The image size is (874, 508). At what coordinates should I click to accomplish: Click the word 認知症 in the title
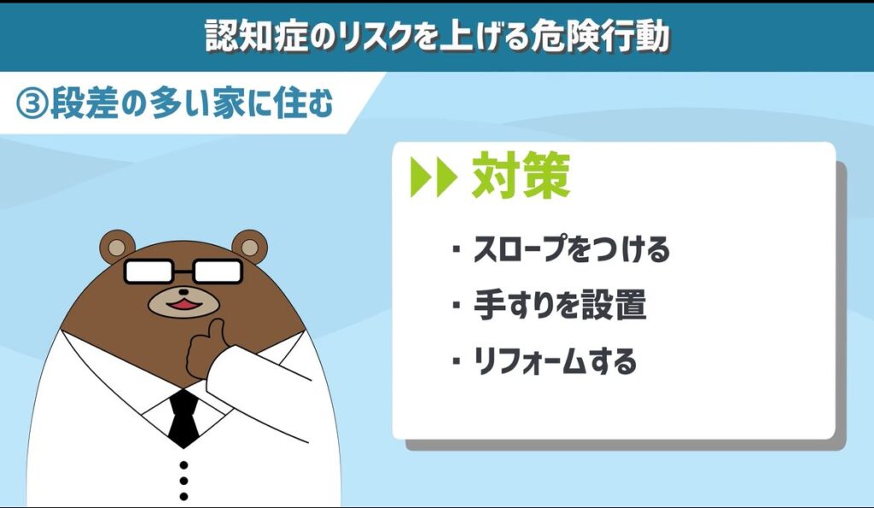257,37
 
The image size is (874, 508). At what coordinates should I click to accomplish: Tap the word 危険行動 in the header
600,37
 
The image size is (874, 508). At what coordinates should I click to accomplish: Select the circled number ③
32,103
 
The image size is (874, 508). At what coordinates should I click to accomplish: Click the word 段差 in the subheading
84,103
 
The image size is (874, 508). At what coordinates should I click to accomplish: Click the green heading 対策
521,176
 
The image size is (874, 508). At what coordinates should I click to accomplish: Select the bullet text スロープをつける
571,249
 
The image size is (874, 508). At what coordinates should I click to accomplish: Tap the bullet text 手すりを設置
560,305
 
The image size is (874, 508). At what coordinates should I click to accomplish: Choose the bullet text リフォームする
555,361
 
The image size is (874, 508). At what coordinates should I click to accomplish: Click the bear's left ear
116,247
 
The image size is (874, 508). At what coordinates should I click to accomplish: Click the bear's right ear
250,247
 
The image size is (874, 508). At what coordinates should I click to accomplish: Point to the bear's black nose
184,291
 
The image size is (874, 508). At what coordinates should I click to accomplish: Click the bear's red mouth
184,305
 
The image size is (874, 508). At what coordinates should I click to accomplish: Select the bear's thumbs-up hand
207,348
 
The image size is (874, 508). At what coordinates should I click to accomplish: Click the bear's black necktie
184,418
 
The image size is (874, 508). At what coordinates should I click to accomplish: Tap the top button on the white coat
184,464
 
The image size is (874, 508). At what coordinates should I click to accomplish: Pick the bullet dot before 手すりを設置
457,305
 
